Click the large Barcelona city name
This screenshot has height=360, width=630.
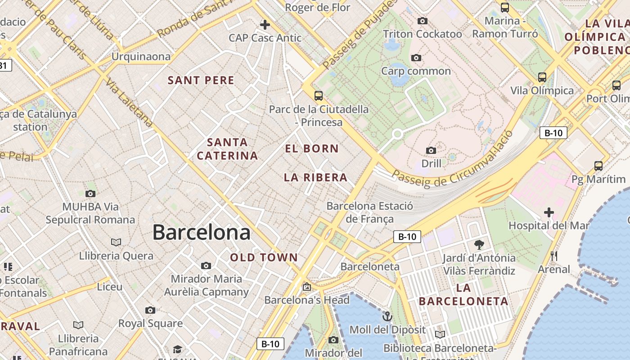click(x=201, y=233)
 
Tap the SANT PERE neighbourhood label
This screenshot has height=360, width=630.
click(x=201, y=81)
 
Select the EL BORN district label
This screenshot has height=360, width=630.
click(x=312, y=148)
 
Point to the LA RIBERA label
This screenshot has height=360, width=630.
click(x=315, y=178)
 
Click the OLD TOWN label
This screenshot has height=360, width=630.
click(x=264, y=257)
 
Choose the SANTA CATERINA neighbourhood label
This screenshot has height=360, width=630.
click(x=228, y=149)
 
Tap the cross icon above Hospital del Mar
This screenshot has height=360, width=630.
click(x=549, y=212)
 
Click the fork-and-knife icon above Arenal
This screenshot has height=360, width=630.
click(x=554, y=256)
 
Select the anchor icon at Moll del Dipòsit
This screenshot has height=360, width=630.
click(x=387, y=316)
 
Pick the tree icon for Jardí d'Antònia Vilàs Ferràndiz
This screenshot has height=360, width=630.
click(x=479, y=245)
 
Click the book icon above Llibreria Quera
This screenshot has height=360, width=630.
click(x=116, y=242)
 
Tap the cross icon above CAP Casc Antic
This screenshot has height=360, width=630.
click(x=265, y=24)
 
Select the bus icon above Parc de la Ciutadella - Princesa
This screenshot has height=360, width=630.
click(x=319, y=95)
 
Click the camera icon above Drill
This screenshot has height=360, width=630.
click(x=431, y=150)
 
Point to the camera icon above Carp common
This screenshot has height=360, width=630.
click(x=416, y=58)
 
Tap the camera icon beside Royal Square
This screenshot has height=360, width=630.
click(x=150, y=310)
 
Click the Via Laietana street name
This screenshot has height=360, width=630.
click(x=129, y=103)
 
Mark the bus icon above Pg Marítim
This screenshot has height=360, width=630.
click(x=598, y=166)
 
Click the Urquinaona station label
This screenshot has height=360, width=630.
click(x=141, y=57)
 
